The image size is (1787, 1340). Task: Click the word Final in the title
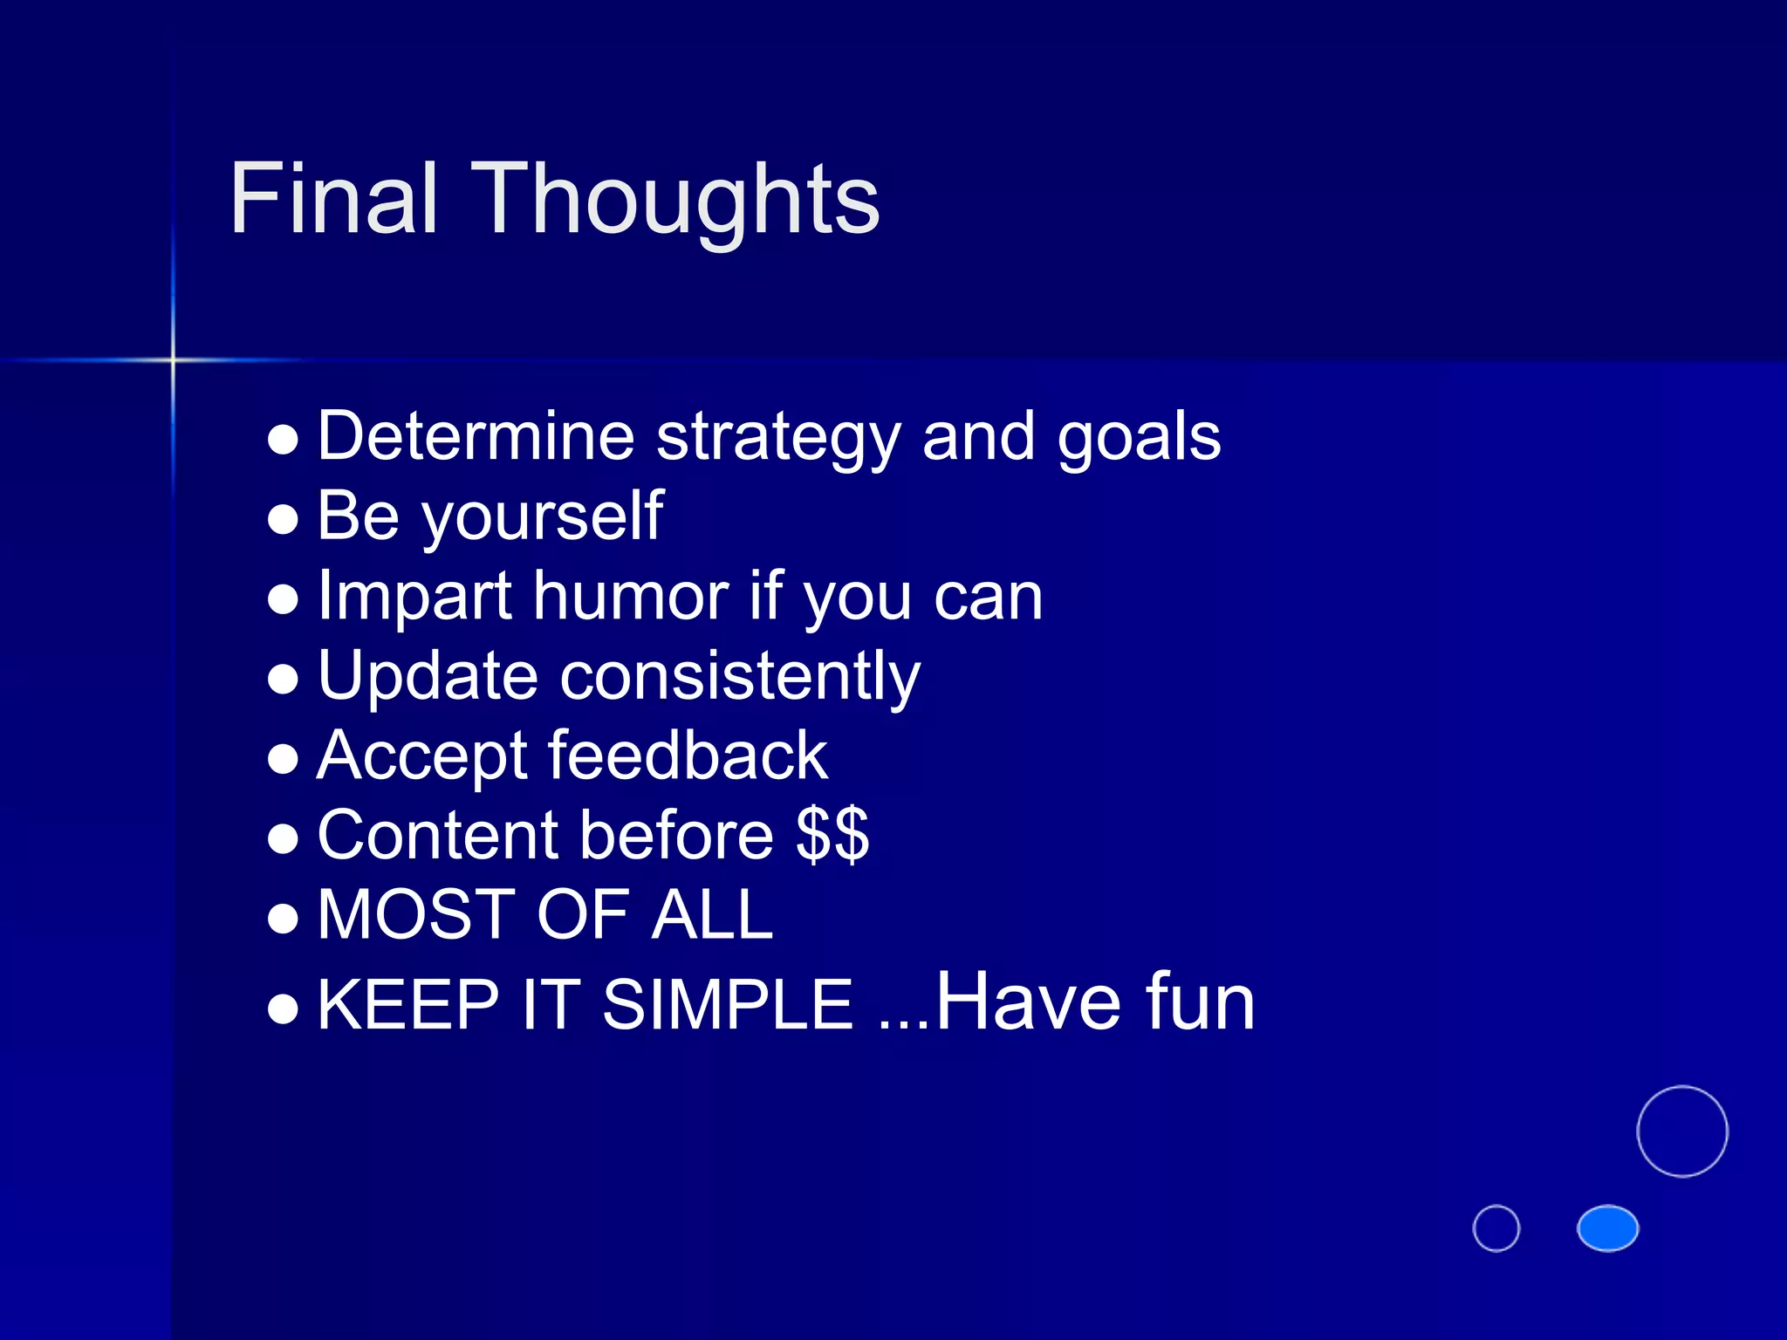(332, 200)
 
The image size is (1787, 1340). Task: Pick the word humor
(631, 597)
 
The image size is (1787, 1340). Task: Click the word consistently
(740, 677)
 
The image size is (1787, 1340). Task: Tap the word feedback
(688, 756)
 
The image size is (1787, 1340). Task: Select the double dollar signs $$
(832, 836)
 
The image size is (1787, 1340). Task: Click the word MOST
(418, 915)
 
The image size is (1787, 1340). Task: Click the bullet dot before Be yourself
(284, 519)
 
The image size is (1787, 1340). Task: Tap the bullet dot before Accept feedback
(284, 758)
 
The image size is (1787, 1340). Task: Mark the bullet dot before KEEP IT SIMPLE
(284, 1008)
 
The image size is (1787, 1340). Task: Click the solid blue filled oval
(1607, 1228)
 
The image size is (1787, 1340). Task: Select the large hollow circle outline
(1681, 1131)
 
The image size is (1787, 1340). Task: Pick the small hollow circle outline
(1496, 1228)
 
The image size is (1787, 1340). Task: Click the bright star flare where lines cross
(173, 359)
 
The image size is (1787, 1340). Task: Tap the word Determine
(476, 436)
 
